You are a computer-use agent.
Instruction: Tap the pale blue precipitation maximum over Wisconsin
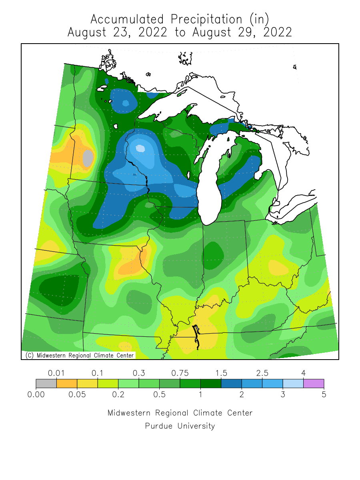[x=140, y=148]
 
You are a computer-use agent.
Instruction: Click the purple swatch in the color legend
[x=314, y=384]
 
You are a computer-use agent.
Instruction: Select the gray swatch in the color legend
[x=46, y=384]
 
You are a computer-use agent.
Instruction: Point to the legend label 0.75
[x=180, y=373]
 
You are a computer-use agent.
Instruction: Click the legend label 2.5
[x=262, y=373]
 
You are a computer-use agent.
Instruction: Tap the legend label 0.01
[x=56, y=373]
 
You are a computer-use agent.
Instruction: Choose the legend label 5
[x=324, y=395]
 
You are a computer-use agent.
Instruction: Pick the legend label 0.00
[x=36, y=395]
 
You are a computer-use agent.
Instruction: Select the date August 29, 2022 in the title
[x=242, y=32]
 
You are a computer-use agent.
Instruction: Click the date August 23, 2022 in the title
[x=117, y=32]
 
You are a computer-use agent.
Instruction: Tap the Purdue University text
[x=180, y=426]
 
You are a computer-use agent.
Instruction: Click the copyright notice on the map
[x=78, y=355]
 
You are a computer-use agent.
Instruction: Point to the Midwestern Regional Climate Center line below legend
[x=180, y=413]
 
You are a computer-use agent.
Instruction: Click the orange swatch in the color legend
[x=67, y=384]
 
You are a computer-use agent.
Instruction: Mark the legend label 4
[x=304, y=373]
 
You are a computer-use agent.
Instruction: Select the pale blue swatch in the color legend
[x=293, y=384]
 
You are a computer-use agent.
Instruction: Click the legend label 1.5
[x=221, y=373]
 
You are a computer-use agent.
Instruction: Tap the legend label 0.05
[x=77, y=395]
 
